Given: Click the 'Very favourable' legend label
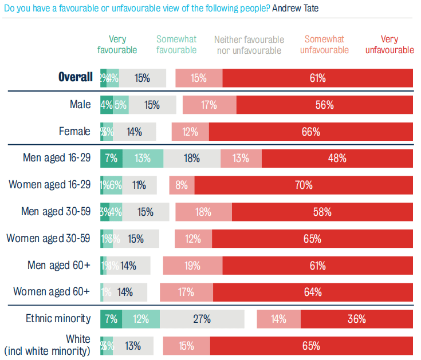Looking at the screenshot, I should (117, 45).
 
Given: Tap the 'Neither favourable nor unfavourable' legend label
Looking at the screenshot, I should (249, 45).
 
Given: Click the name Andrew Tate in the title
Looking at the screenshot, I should (300, 9).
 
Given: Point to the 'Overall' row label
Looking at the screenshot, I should (75, 77).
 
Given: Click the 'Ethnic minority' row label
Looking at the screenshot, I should (58, 318).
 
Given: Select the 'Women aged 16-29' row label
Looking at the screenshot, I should (49, 185).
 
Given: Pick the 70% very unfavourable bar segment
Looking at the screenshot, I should (304, 185).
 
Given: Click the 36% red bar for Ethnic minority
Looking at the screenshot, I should (356, 319).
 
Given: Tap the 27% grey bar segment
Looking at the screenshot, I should (202, 319).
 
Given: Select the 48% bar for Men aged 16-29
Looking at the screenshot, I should (337, 158).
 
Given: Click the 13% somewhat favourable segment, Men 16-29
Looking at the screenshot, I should (143, 158).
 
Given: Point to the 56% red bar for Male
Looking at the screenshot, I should (324, 105).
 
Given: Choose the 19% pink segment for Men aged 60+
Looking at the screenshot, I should (192, 266).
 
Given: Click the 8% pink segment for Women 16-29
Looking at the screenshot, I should (182, 185).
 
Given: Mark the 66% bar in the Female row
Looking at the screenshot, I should (310, 132).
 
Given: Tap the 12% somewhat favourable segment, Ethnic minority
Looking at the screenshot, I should (141, 319).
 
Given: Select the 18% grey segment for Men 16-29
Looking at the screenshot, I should (192, 158).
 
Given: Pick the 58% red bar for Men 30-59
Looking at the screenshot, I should (322, 212).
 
